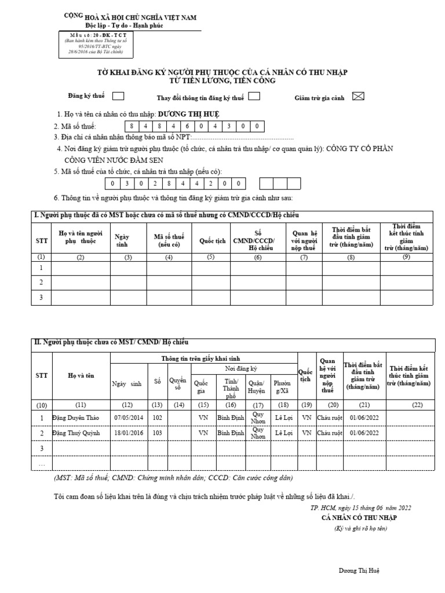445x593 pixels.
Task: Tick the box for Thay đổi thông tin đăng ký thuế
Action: [254, 97]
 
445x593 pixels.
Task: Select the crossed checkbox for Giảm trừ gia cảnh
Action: [358, 97]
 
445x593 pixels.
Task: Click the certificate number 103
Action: [156, 433]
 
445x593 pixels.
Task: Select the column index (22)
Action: [417, 405]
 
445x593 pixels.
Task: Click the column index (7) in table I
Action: [304, 257]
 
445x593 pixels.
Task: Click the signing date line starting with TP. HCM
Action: [361, 508]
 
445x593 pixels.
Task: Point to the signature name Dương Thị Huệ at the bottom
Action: [359, 570]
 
